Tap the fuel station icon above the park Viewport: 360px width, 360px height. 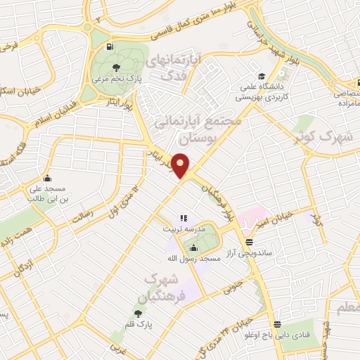point(109,48)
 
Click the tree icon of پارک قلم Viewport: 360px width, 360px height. point(138,313)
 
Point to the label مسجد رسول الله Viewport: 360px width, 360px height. point(200,259)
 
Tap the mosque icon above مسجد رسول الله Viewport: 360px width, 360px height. point(193,247)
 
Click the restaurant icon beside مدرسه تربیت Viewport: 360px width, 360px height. point(184,219)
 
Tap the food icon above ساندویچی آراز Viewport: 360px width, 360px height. point(248,240)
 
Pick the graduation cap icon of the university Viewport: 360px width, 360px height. point(261,76)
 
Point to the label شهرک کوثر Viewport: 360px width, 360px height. point(333,136)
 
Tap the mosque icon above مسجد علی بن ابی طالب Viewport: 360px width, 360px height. point(46,177)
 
